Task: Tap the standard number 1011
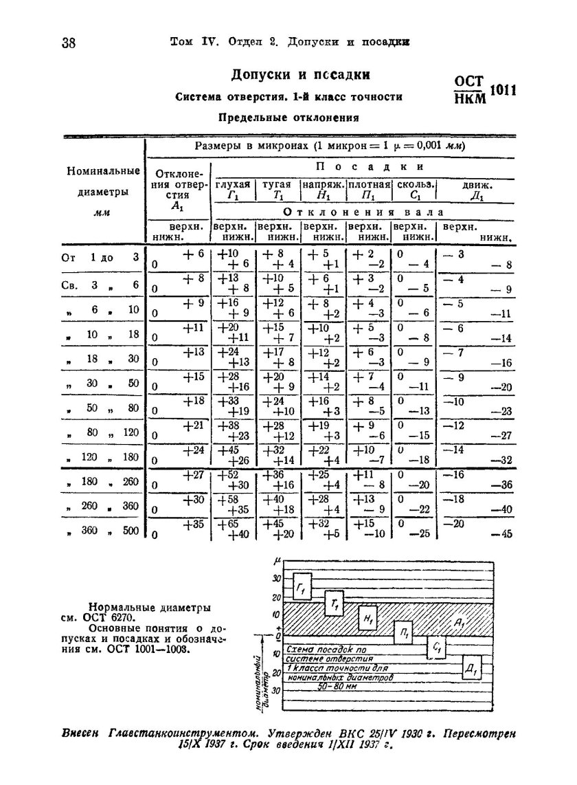pos(503,90)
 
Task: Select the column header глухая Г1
pos(233,190)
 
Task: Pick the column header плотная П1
pos(369,190)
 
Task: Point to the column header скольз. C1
pos(414,190)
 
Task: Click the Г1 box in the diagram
pos(302,587)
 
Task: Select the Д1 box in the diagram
pos(471,667)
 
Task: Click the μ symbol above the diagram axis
pos(273,561)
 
